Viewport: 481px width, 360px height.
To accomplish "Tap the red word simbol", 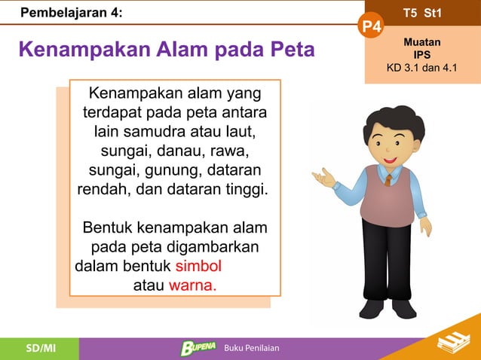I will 198,267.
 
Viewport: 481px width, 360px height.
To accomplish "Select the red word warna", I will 192,286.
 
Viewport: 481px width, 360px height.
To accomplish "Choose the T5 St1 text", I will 422,14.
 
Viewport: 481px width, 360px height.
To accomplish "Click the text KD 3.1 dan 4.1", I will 422,69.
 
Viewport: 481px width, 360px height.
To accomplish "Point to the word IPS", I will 422,56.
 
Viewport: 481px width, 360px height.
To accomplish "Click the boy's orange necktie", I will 388,178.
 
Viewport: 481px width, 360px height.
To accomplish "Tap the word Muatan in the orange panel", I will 422,43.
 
